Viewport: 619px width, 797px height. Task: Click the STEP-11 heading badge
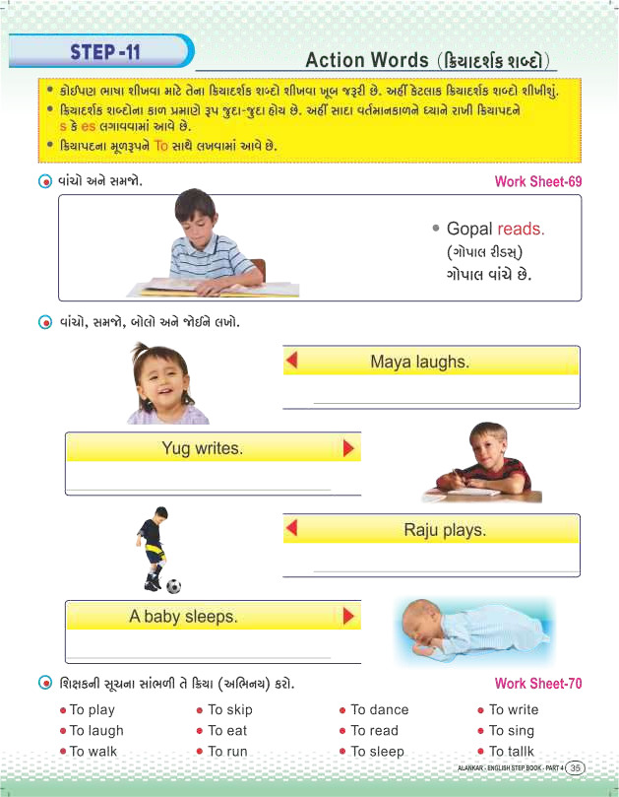pos(105,50)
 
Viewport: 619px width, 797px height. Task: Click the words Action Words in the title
pos(361,60)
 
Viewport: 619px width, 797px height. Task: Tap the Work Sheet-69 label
pos(538,181)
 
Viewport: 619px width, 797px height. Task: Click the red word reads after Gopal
pos(520,229)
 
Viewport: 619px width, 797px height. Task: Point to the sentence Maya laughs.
pos(419,362)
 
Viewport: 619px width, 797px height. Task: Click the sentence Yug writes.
pos(201,448)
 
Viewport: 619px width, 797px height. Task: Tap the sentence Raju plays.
pos(445,530)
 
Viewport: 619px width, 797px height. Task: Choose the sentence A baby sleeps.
pos(183,617)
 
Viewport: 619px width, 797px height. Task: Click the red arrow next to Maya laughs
pos(291,362)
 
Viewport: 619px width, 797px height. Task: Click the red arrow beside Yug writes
pos(347,448)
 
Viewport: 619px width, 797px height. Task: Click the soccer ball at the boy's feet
pos(173,586)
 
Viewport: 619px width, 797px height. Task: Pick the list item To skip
pos(229,709)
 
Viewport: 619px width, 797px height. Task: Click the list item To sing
pos(511,731)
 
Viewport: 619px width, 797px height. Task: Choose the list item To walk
pos(93,752)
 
